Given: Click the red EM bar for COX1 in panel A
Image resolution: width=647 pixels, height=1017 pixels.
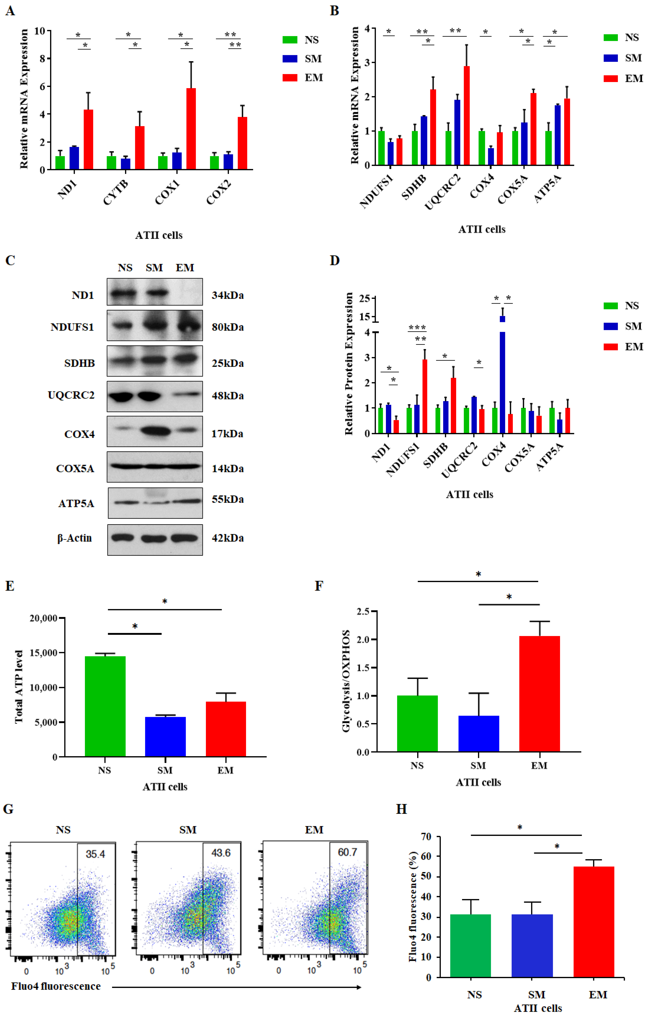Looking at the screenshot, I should coord(191,129).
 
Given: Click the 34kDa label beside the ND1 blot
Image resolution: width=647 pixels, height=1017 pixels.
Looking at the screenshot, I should coord(227,295).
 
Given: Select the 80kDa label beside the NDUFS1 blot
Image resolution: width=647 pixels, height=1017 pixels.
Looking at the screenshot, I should coord(227,327).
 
